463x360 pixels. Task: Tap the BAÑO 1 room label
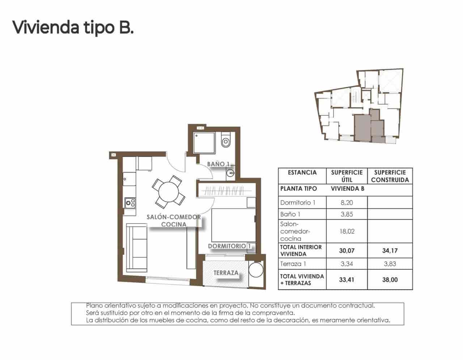218,164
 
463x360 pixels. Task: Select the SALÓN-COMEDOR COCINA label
174,220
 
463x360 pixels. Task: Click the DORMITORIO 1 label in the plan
230,246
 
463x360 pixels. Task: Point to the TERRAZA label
226,273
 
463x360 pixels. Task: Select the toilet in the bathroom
226,140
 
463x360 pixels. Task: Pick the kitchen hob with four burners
130,203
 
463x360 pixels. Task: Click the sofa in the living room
137,248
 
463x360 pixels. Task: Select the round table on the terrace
256,270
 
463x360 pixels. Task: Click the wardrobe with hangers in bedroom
227,190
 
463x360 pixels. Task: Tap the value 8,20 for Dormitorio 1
347,202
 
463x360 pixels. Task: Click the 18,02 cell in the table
347,231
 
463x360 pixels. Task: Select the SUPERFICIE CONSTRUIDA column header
390,176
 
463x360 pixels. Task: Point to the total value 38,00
390,280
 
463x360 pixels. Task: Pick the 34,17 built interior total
390,250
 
